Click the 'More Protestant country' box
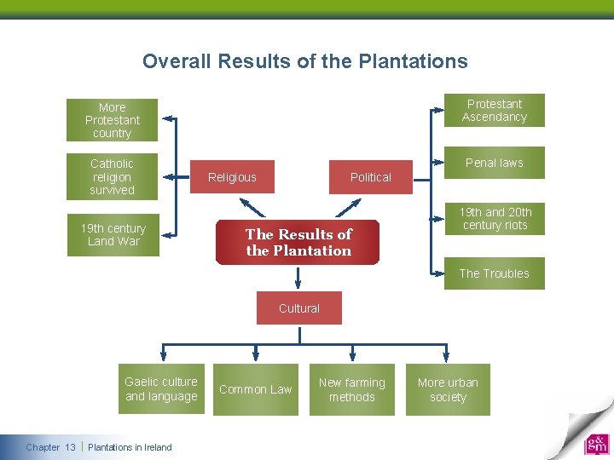(x=113, y=120)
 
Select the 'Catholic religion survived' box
(x=113, y=176)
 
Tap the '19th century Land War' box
(x=113, y=234)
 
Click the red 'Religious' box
(x=232, y=177)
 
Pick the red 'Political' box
(x=371, y=177)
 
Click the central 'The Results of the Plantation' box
(x=298, y=242)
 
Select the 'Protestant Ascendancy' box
(x=495, y=111)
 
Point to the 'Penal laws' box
(x=495, y=163)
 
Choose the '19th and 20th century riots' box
(x=495, y=219)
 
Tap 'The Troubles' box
(x=495, y=273)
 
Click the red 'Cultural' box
(x=299, y=308)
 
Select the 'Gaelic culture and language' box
(x=161, y=389)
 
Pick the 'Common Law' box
(x=256, y=389)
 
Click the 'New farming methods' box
(x=352, y=389)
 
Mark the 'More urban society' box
(x=449, y=389)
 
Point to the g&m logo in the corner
(x=596, y=445)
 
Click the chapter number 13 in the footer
(x=70, y=447)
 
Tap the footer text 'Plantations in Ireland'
(x=130, y=447)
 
